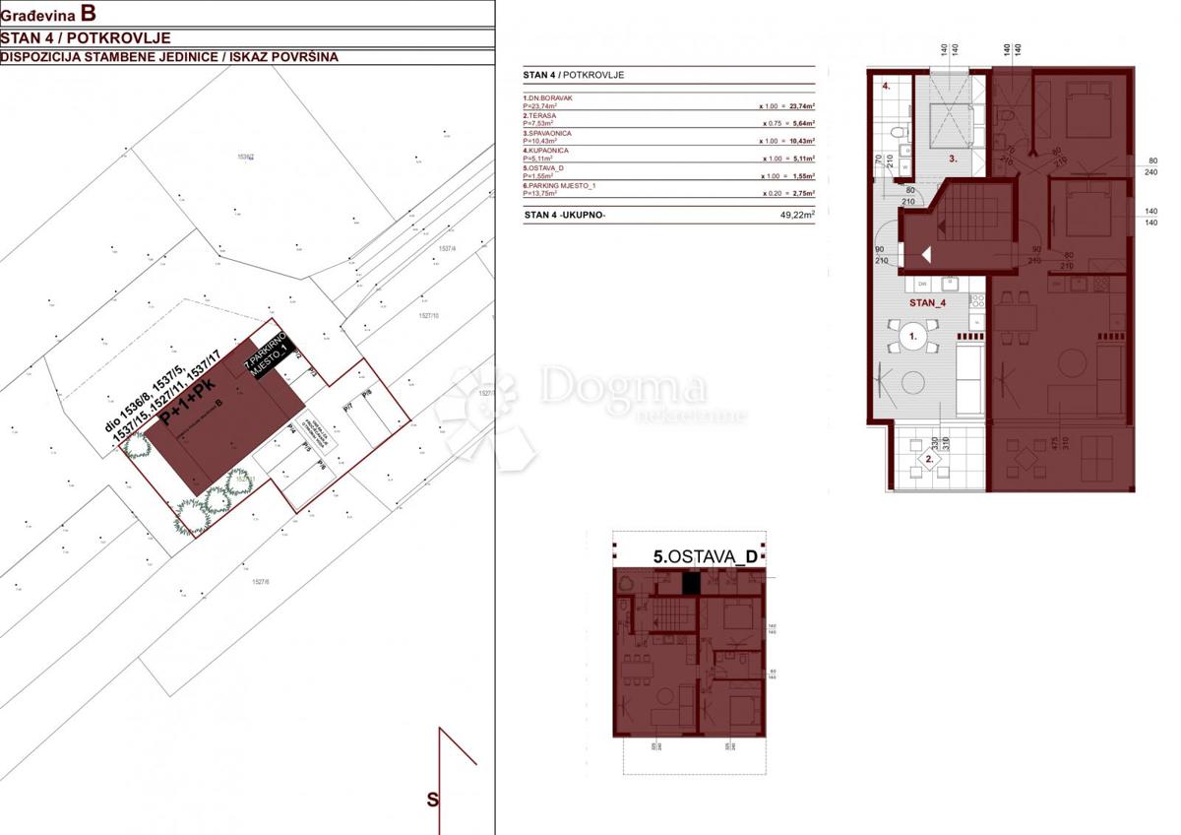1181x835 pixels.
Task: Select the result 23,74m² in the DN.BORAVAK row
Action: pos(798,104)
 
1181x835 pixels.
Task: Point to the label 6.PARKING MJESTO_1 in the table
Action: pos(557,186)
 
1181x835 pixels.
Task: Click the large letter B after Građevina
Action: pos(89,14)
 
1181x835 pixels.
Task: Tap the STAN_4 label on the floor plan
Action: pos(927,302)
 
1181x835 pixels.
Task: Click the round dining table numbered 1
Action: pos(912,337)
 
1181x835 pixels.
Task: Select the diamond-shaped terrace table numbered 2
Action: pos(927,459)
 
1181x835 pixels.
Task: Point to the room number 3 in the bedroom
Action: pos(953,158)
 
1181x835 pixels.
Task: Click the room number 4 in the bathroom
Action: pos(886,87)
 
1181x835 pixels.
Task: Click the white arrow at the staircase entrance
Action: pos(926,254)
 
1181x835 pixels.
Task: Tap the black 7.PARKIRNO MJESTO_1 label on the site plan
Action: pos(269,359)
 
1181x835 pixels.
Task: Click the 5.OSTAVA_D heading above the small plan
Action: pos(706,556)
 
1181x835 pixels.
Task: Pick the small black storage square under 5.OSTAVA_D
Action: pos(691,582)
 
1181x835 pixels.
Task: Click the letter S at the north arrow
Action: pos(432,800)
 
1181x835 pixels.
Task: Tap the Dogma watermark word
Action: pos(622,386)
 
